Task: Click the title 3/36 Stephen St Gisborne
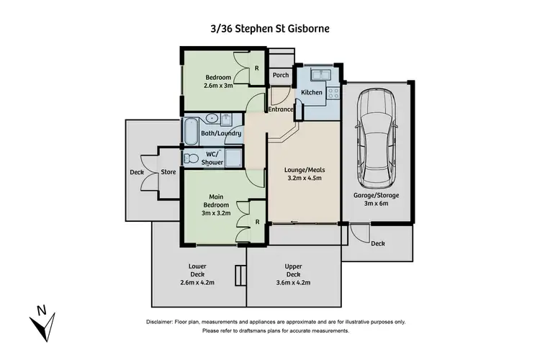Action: point(269,30)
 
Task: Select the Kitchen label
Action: point(311,93)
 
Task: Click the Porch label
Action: point(281,75)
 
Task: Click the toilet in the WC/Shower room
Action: point(191,158)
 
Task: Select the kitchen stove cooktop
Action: point(333,92)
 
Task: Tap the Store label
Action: point(168,172)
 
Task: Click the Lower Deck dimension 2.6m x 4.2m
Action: point(197,283)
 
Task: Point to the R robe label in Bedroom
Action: point(257,68)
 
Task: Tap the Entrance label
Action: point(281,109)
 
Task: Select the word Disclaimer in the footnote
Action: point(161,322)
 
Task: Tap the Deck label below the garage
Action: point(378,243)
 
